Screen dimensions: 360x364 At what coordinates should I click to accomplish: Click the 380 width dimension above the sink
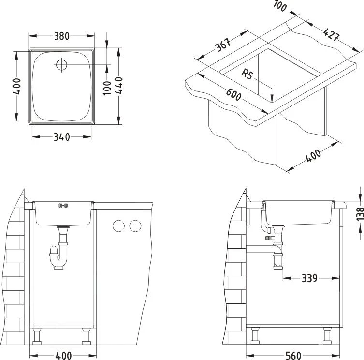coord(61,36)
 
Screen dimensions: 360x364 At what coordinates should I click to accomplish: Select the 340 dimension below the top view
coord(61,137)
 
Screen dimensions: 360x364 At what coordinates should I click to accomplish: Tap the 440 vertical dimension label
coord(119,86)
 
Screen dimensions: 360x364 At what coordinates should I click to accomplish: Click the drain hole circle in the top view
coord(62,64)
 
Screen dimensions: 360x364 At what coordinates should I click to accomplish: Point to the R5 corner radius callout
coord(248,75)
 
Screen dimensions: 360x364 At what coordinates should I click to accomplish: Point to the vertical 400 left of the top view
coord(17,86)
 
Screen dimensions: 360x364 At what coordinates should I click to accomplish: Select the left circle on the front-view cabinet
coord(118,225)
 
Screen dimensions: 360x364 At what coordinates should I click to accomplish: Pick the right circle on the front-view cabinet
coord(135,225)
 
